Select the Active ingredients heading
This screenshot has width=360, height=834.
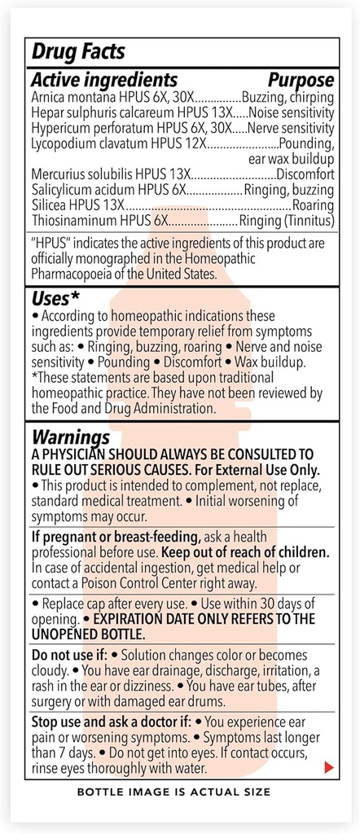pyautogui.click(x=103, y=80)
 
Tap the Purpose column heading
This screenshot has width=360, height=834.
pyautogui.click(x=301, y=80)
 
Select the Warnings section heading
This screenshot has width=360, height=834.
pyautogui.click(x=70, y=438)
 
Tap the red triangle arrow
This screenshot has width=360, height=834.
pyautogui.click(x=328, y=767)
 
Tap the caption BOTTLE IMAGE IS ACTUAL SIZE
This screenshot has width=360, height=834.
pyautogui.click(x=173, y=791)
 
